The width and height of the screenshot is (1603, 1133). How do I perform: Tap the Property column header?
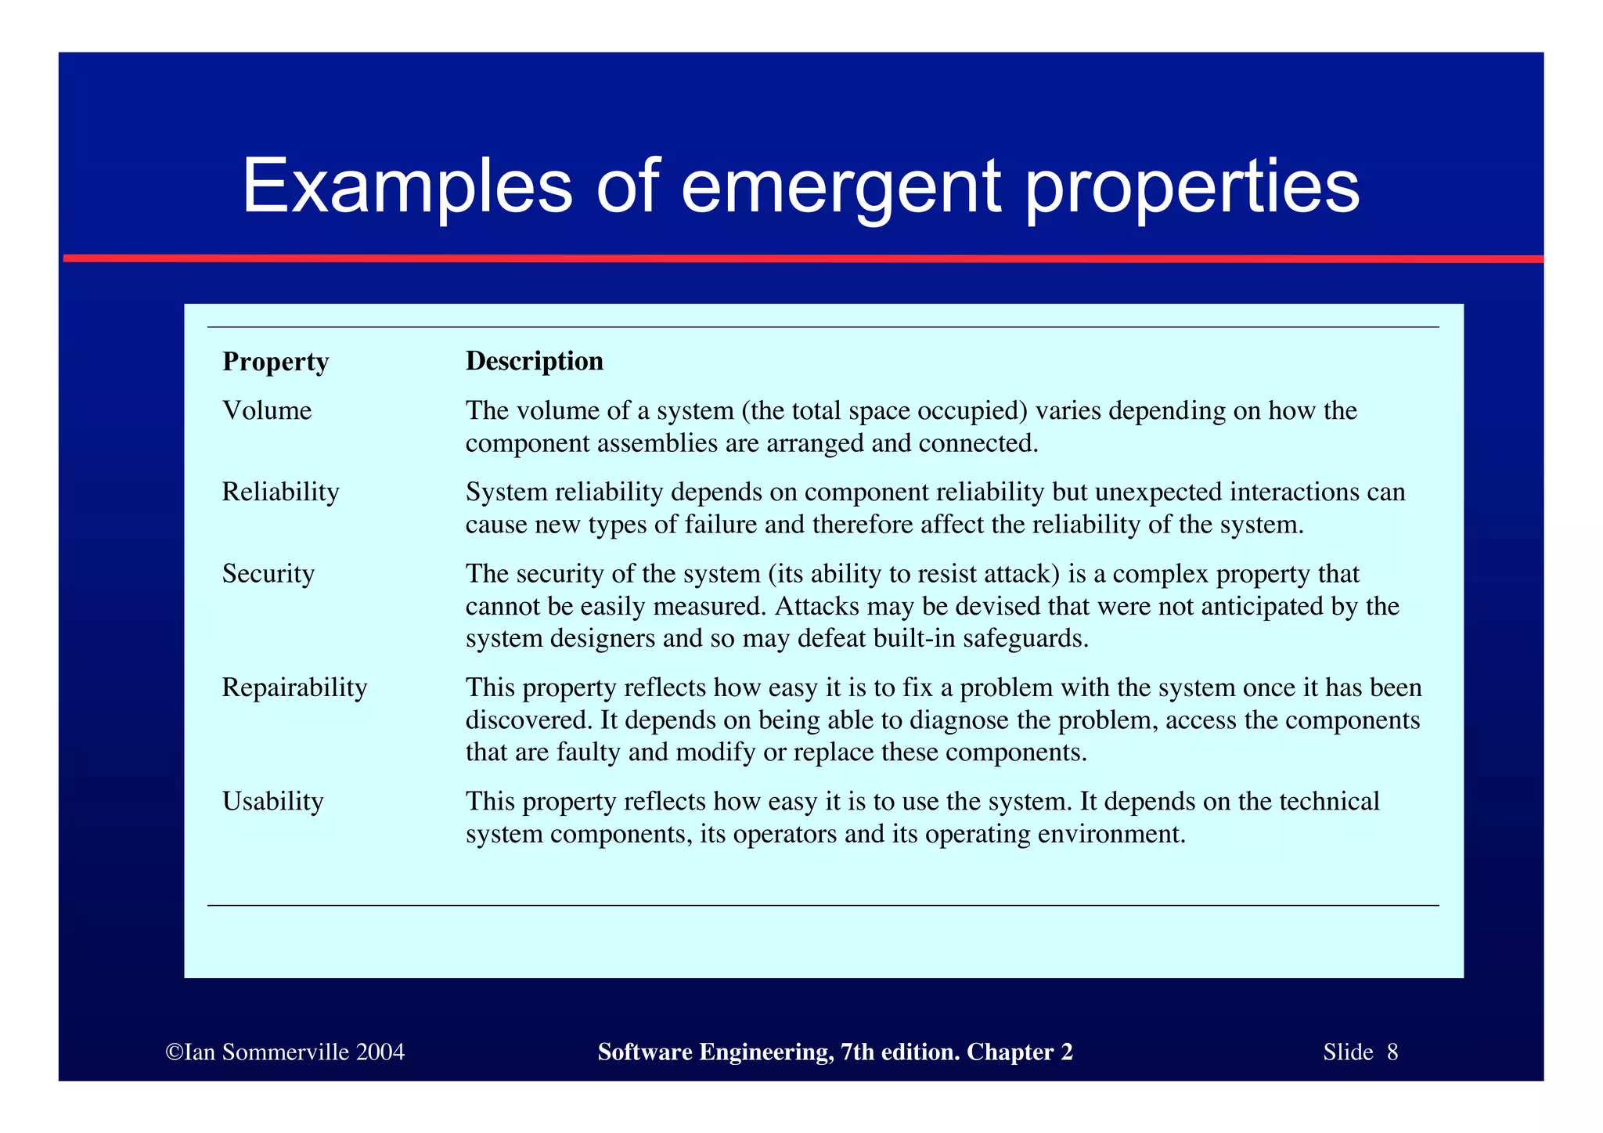pos(276,362)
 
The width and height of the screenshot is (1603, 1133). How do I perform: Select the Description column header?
pos(535,361)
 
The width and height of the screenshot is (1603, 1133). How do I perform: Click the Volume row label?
pos(267,410)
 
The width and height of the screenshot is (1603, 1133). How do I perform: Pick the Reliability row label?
pos(280,492)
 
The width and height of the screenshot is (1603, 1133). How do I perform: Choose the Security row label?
pos(268,574)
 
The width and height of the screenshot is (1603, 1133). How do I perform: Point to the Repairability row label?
pos(294,687)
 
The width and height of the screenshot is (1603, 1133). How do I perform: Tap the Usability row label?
pos(272,802)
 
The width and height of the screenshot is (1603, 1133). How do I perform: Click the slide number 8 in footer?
pos(1392,1052)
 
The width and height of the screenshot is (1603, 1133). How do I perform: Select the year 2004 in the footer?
pos(380,1052)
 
